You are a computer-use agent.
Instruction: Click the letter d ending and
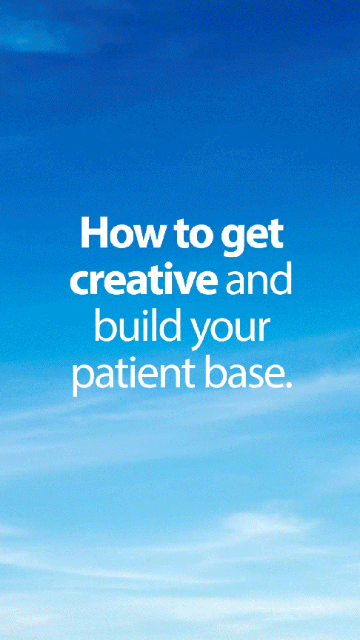click(x=282, y=279)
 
